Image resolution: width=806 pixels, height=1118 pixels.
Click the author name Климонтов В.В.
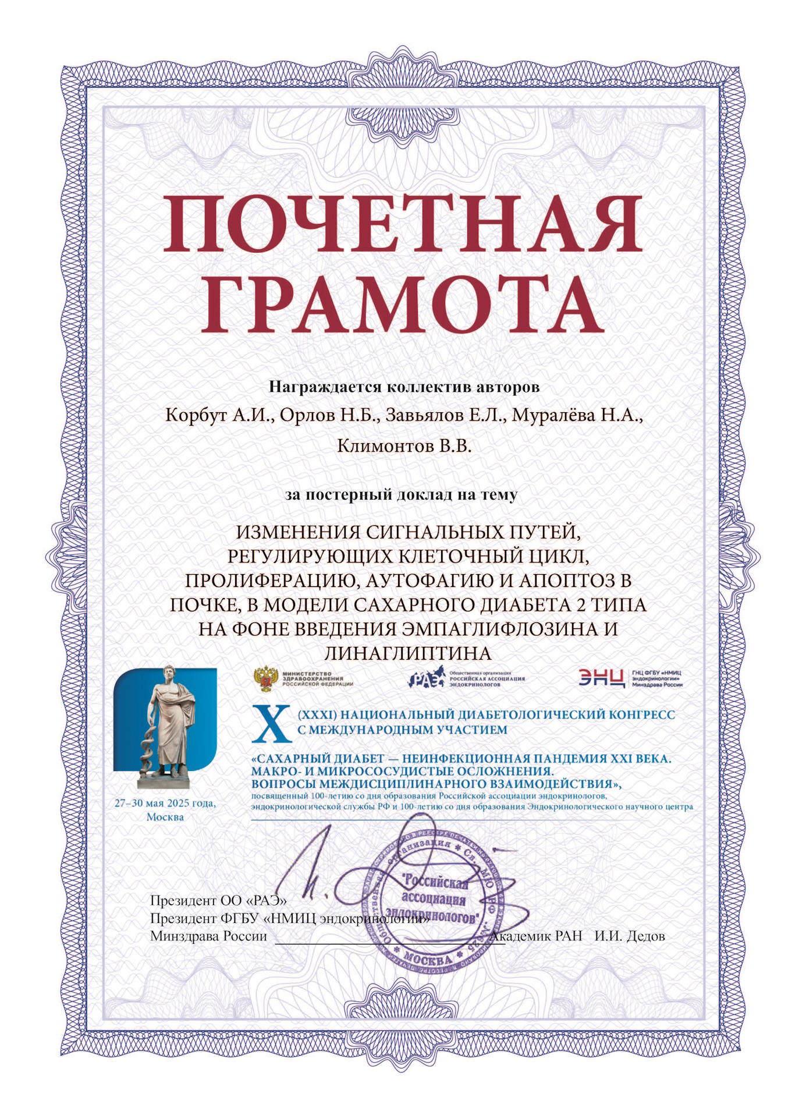[404, 446]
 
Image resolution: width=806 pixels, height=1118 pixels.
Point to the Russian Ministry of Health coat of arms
[265, 679]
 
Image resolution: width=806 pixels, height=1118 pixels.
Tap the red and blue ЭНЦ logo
[601, 678]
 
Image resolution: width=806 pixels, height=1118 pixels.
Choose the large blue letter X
[271, 723]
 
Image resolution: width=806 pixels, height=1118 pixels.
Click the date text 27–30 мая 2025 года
[165, 804]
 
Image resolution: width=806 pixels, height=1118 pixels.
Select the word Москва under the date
[165, 817]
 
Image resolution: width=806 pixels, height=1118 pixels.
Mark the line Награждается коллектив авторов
[404, 387]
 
